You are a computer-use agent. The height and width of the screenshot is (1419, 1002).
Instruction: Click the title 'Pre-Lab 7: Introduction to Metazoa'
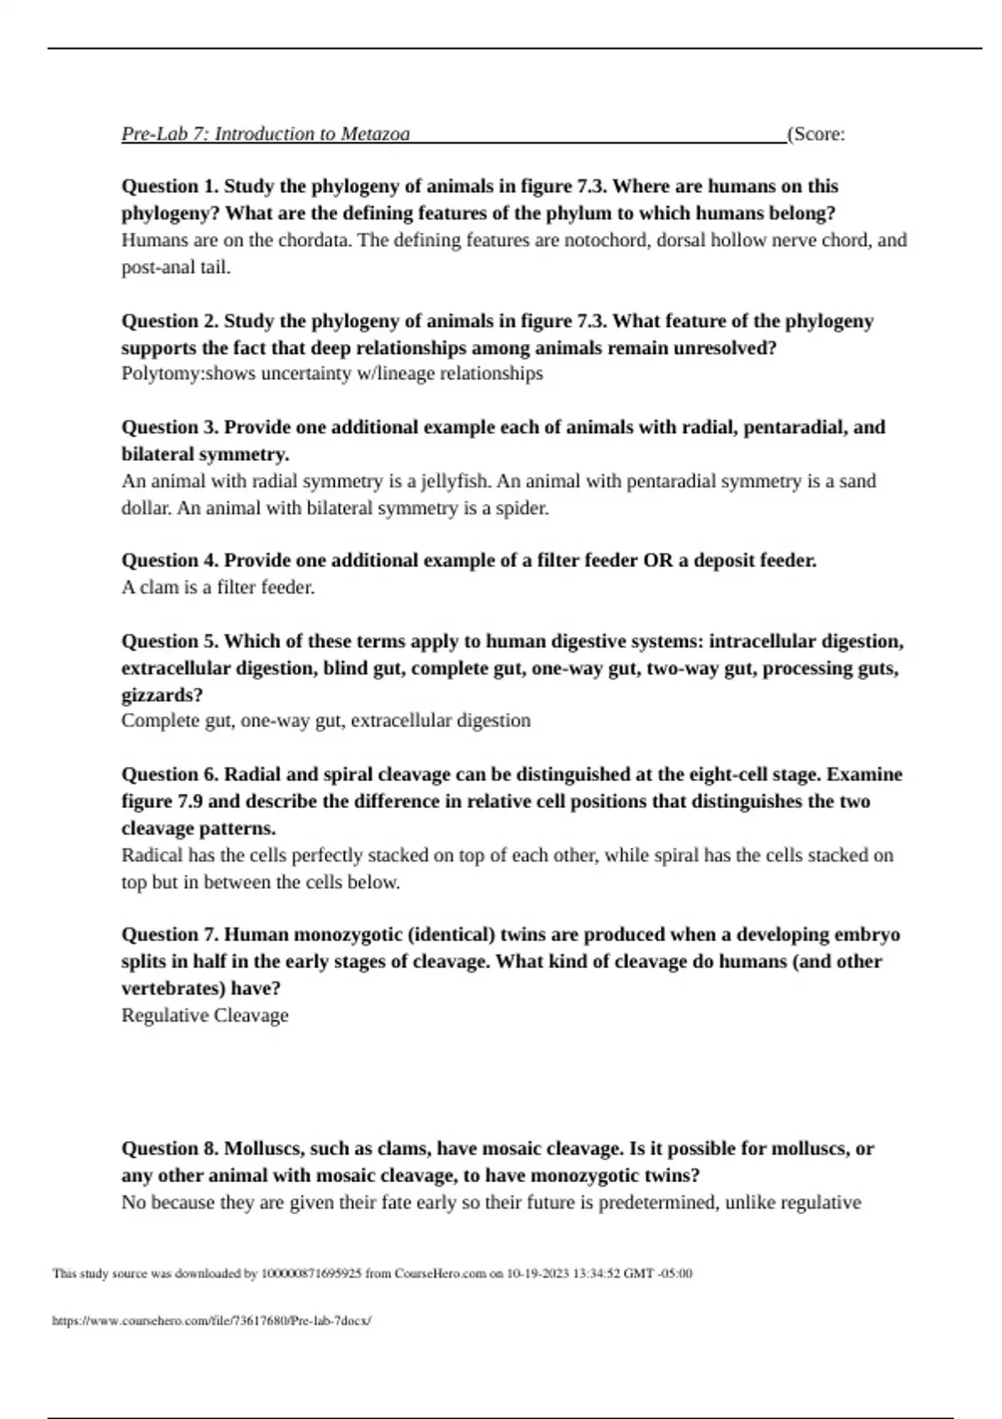[266, 134]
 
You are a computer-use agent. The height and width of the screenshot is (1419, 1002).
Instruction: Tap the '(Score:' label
[816, 134]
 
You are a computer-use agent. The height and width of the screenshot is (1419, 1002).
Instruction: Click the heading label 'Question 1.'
[170, 186]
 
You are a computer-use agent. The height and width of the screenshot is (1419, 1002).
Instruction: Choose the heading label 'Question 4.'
[170, 560]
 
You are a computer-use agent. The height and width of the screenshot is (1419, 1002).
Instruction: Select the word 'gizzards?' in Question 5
[162, 694]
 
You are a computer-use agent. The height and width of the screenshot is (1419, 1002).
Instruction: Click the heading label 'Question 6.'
[170, 775]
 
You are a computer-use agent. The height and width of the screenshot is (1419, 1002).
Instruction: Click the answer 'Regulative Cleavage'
[205, 1016]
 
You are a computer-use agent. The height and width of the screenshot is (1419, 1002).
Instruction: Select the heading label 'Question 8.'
[170, 1149]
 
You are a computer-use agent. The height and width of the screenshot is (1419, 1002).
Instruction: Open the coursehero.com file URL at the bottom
[211, 1321]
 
